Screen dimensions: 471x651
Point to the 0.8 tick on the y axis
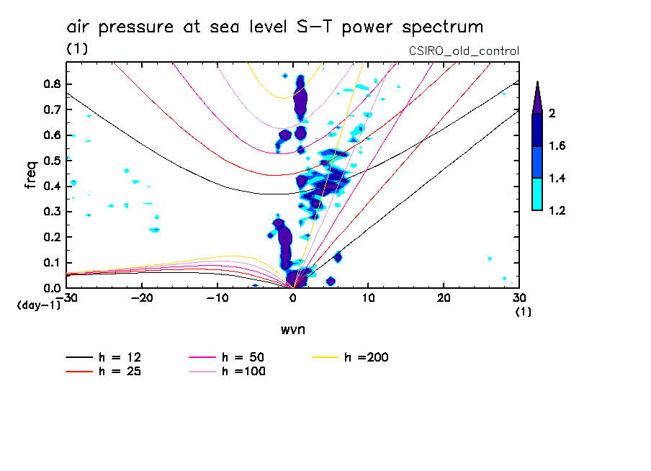pos(51,84)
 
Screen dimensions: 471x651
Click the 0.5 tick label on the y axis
pos(51,160)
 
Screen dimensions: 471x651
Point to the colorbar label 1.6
pos(557,146)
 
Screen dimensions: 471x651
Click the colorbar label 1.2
pos(557,210)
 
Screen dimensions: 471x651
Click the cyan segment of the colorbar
pos(537,194)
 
